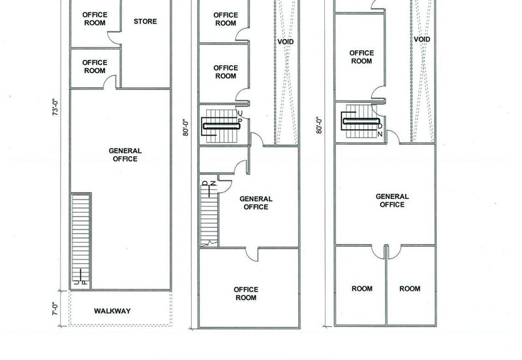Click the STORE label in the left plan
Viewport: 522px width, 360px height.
[145, 22]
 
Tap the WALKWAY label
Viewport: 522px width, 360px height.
[112, 311]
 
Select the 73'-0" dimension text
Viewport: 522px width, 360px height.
[55, 108]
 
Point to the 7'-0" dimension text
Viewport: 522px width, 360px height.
[55, 308]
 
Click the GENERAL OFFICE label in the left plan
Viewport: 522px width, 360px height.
[125, 155]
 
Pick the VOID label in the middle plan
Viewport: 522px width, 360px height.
[286, 42]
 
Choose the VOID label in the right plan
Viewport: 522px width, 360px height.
[422, 39]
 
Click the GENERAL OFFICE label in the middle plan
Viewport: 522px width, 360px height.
[256, 203]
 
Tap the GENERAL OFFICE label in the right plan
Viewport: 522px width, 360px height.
[392, 200]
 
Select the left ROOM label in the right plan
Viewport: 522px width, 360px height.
[362, 288]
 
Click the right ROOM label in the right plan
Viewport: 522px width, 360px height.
[410, 288]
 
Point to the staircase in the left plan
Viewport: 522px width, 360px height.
[81, 241]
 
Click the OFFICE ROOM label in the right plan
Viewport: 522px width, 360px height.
[361, 57]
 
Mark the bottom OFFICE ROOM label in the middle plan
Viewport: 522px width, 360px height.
[246, 293]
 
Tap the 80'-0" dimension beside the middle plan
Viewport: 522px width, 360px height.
[186, 128]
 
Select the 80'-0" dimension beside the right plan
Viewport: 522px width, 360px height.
[319, 125]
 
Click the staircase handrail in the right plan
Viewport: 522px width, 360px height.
[361, 121]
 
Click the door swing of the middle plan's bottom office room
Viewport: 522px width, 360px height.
[252, 254]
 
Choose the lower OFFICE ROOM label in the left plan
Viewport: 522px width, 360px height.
[95, 67]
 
